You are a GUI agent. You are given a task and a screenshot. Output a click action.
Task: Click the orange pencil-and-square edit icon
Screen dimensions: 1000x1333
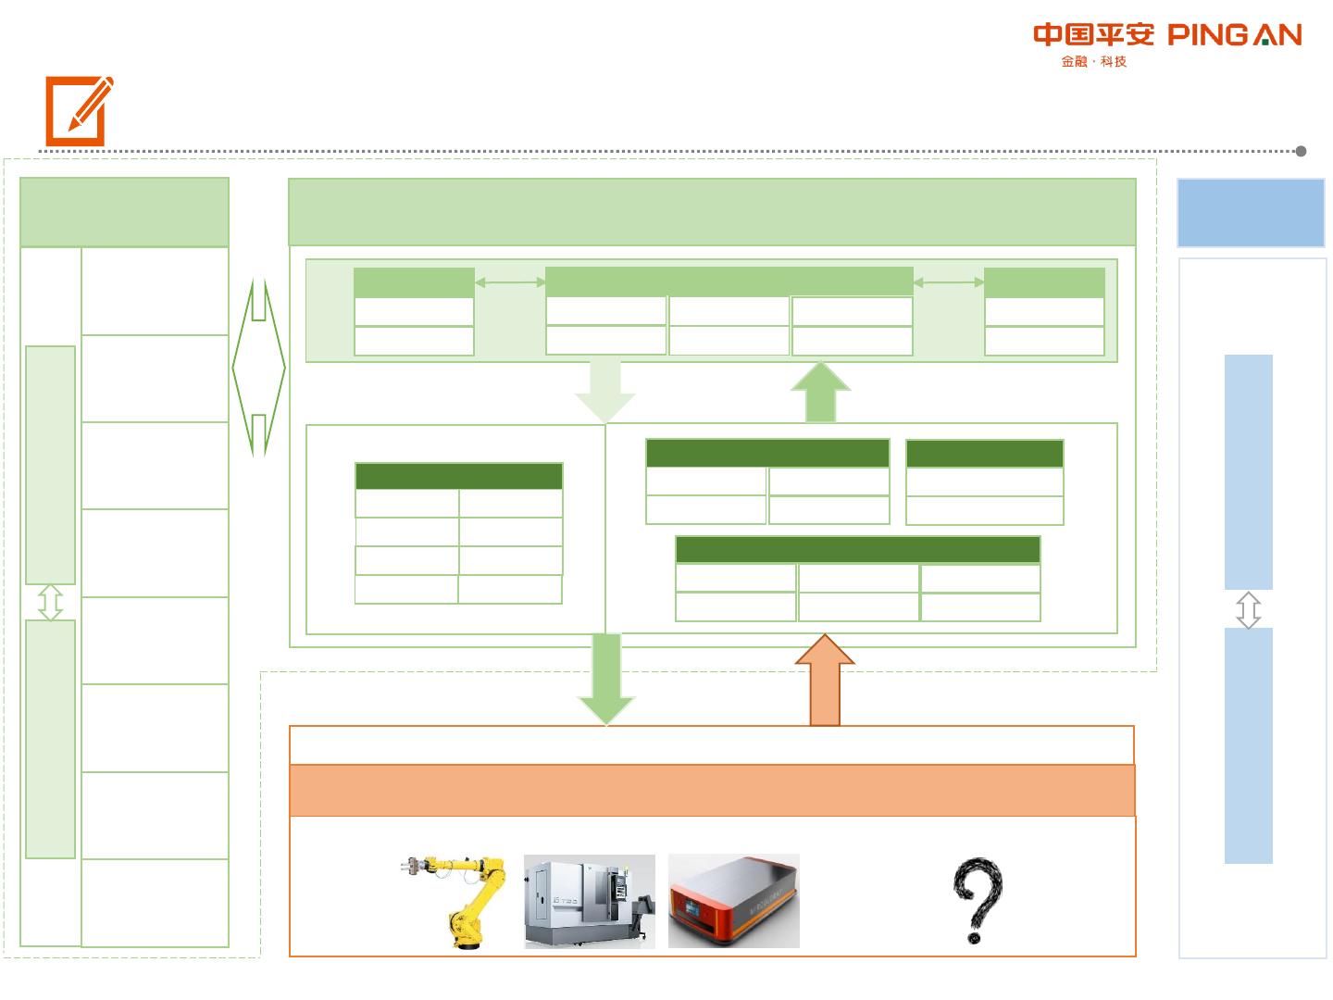click(79, 110)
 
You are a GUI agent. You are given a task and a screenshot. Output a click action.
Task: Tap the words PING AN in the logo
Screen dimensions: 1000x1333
click(1234, 35)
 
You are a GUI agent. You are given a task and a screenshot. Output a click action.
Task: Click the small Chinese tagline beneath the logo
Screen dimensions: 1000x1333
click(1093, 62)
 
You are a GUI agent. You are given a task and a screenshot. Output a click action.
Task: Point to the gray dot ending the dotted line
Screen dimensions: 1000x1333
click(1301, 151)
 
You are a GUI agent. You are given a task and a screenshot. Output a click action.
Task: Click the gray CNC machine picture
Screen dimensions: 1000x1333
click(590, 901)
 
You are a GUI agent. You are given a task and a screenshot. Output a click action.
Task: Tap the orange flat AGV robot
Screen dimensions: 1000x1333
click(733, 901)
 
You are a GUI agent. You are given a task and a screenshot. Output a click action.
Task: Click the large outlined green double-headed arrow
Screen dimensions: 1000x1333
click(259, 368)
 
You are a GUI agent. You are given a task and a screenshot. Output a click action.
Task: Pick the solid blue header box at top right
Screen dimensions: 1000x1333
click(1251, 213)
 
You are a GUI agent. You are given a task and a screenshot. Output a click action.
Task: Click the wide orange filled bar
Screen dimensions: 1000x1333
click(712, 790)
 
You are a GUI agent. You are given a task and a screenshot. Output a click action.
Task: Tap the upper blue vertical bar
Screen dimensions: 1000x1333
click(1248, 471)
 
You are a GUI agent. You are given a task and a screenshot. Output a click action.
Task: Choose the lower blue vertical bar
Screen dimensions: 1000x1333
click(1248, 745)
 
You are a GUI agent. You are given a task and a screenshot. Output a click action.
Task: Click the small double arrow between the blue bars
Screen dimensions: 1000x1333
click(1248, 610)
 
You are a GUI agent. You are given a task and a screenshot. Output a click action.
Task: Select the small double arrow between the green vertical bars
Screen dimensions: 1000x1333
click(51, 602)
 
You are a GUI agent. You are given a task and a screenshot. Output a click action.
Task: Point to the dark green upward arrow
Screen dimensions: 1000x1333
click(820, 393)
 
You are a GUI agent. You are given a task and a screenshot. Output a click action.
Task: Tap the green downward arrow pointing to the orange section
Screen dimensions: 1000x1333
click(605, 680)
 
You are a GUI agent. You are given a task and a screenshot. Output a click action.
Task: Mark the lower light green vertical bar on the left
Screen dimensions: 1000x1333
click(51, 739)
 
